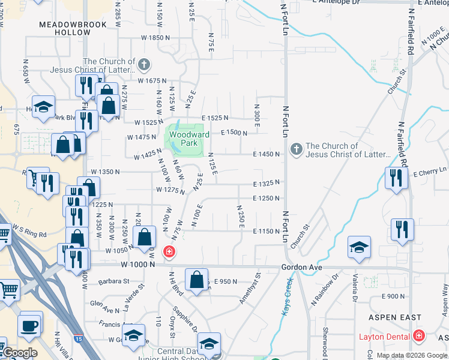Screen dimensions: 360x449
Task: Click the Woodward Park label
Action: coord(188,139)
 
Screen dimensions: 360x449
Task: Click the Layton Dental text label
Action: coord(384,337)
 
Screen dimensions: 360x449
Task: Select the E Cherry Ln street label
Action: coord(430,173)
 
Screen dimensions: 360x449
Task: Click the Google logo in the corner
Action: coord(20,353)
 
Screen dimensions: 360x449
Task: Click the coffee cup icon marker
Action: coord(29,326)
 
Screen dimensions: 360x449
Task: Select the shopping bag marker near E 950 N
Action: coord(197,279)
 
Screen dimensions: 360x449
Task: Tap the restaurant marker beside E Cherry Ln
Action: coord(396,178)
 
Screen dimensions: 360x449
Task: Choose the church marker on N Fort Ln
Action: coord(295,149)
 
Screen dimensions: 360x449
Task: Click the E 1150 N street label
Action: coord(267,231)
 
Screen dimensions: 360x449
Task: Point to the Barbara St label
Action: coord(114,281)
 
